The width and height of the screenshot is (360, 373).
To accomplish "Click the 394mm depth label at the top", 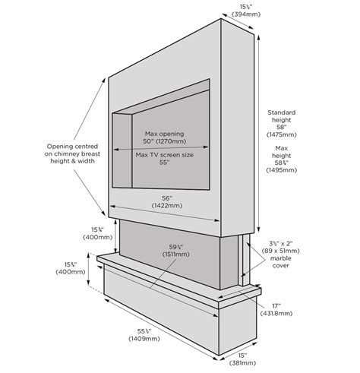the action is pos(246,14).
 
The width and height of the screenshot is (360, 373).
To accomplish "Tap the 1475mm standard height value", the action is pos(281,134).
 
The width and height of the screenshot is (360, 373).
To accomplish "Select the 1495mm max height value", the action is pos(281,170).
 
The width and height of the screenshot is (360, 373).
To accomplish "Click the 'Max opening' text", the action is pos(164,134).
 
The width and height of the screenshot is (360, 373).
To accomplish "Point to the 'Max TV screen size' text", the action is pos(164,155).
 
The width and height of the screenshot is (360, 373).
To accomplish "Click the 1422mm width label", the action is pos(167,205).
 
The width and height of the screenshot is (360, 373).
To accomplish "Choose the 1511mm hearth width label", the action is pos(176,254).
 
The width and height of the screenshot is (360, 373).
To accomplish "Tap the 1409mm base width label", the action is pos(144,338).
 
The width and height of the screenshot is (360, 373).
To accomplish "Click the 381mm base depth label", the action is pos(242,362).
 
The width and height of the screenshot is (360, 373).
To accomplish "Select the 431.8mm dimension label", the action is pos(276,313).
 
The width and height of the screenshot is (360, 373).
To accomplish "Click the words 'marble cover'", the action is pos(280,262).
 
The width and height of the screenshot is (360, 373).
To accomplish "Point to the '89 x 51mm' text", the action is pos(280,251).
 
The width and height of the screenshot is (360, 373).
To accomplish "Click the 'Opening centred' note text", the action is pos(72,147).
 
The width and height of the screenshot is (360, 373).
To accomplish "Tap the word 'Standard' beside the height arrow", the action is pos(281,112).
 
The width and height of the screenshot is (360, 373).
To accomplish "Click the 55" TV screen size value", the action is pos(164,163).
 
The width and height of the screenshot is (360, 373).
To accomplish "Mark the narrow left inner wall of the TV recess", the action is pos(122,150).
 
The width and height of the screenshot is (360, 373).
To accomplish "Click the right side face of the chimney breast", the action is pos(237,128).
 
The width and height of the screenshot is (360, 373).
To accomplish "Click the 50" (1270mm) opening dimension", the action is pos(164,141).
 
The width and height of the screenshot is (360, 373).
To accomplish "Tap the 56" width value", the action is pos(167,198).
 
